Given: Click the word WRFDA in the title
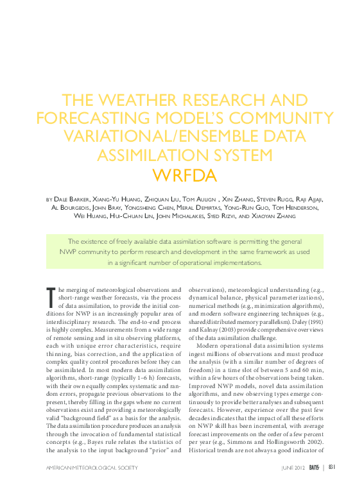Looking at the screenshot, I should tap(182, 174).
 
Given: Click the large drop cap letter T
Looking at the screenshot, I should tap(51, 298).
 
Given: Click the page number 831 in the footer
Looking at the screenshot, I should tap(332, 467).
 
